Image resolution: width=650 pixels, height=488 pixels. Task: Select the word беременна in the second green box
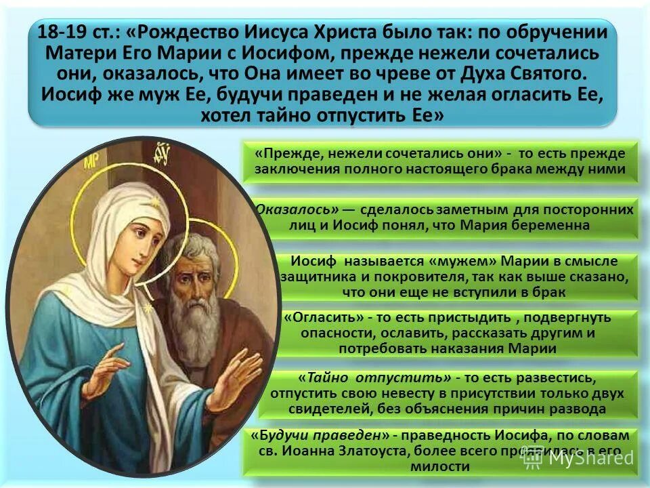click(546, 225)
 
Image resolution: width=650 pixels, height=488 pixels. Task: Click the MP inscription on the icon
click(91, 163)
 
